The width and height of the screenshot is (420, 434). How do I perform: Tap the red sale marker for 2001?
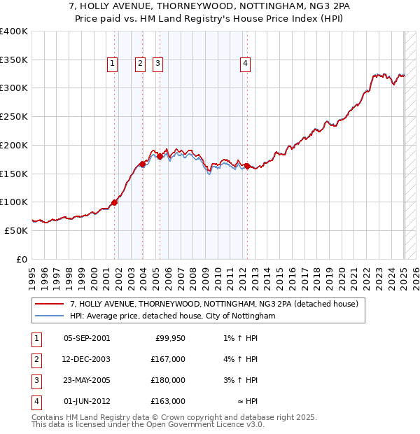115,202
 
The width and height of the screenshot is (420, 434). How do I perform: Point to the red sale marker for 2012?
247,166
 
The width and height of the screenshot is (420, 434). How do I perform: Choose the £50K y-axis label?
17,230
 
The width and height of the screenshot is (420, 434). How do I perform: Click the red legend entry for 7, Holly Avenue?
214,304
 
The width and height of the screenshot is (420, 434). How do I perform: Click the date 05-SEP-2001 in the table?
87,339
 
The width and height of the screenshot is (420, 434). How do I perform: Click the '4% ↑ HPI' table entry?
243,359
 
